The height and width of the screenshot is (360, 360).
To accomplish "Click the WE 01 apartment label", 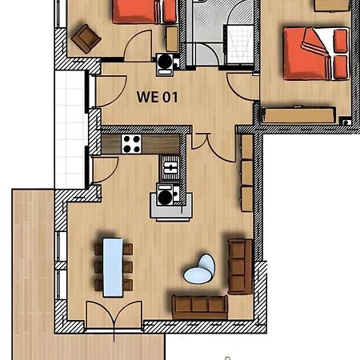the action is (157, 97).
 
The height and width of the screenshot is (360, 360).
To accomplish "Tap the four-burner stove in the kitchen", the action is (132, 144).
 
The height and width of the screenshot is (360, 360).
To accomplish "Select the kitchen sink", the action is (170, 168).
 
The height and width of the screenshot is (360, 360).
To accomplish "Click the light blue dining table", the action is (113, 267).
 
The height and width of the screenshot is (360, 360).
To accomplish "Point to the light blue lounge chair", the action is (200, 270).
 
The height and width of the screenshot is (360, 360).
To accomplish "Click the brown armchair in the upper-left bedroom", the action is (86, 38).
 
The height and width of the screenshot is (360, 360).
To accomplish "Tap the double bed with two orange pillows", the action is (316, 54).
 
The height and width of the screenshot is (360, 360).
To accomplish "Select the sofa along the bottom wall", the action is (200, 307).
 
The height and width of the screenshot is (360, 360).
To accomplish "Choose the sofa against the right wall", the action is (240, 266).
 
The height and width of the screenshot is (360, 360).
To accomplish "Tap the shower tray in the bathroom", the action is (240, 45).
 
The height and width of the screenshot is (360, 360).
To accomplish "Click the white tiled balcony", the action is (70, 130).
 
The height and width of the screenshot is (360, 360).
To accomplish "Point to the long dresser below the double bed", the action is (298, 115).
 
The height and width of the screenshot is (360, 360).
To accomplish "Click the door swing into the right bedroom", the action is (242, 86).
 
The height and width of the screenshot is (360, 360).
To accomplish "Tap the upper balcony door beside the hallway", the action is (108, 91).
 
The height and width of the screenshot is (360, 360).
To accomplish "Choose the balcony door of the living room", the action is (105, 170).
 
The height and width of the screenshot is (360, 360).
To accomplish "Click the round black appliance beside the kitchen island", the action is (166, 197).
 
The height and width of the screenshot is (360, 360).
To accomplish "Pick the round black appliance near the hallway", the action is (165, 62).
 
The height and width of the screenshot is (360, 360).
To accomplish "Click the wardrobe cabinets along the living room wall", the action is (247, 173).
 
